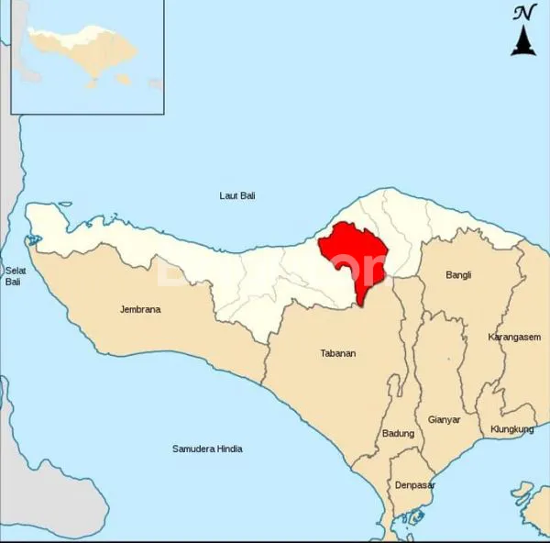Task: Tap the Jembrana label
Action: [x=140, y=309]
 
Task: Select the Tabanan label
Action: [x=337, y=353]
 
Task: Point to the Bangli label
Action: [x=458, y=274]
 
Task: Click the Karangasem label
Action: [x=513, y=337]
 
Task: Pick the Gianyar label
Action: [x=444, y=419]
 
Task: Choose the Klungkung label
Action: [x=511, y=428]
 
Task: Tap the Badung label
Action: [x=398, y=433]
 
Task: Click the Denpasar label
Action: [x=414, y=484]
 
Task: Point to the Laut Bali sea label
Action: [x=237, y=195]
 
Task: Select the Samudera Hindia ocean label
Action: [x=207, y=449]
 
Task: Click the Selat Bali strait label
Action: [x=13, y=275]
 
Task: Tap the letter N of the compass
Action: [x=523, y=12]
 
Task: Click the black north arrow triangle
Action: [x=523, y=40]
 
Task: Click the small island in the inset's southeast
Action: [x=94, y=85]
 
